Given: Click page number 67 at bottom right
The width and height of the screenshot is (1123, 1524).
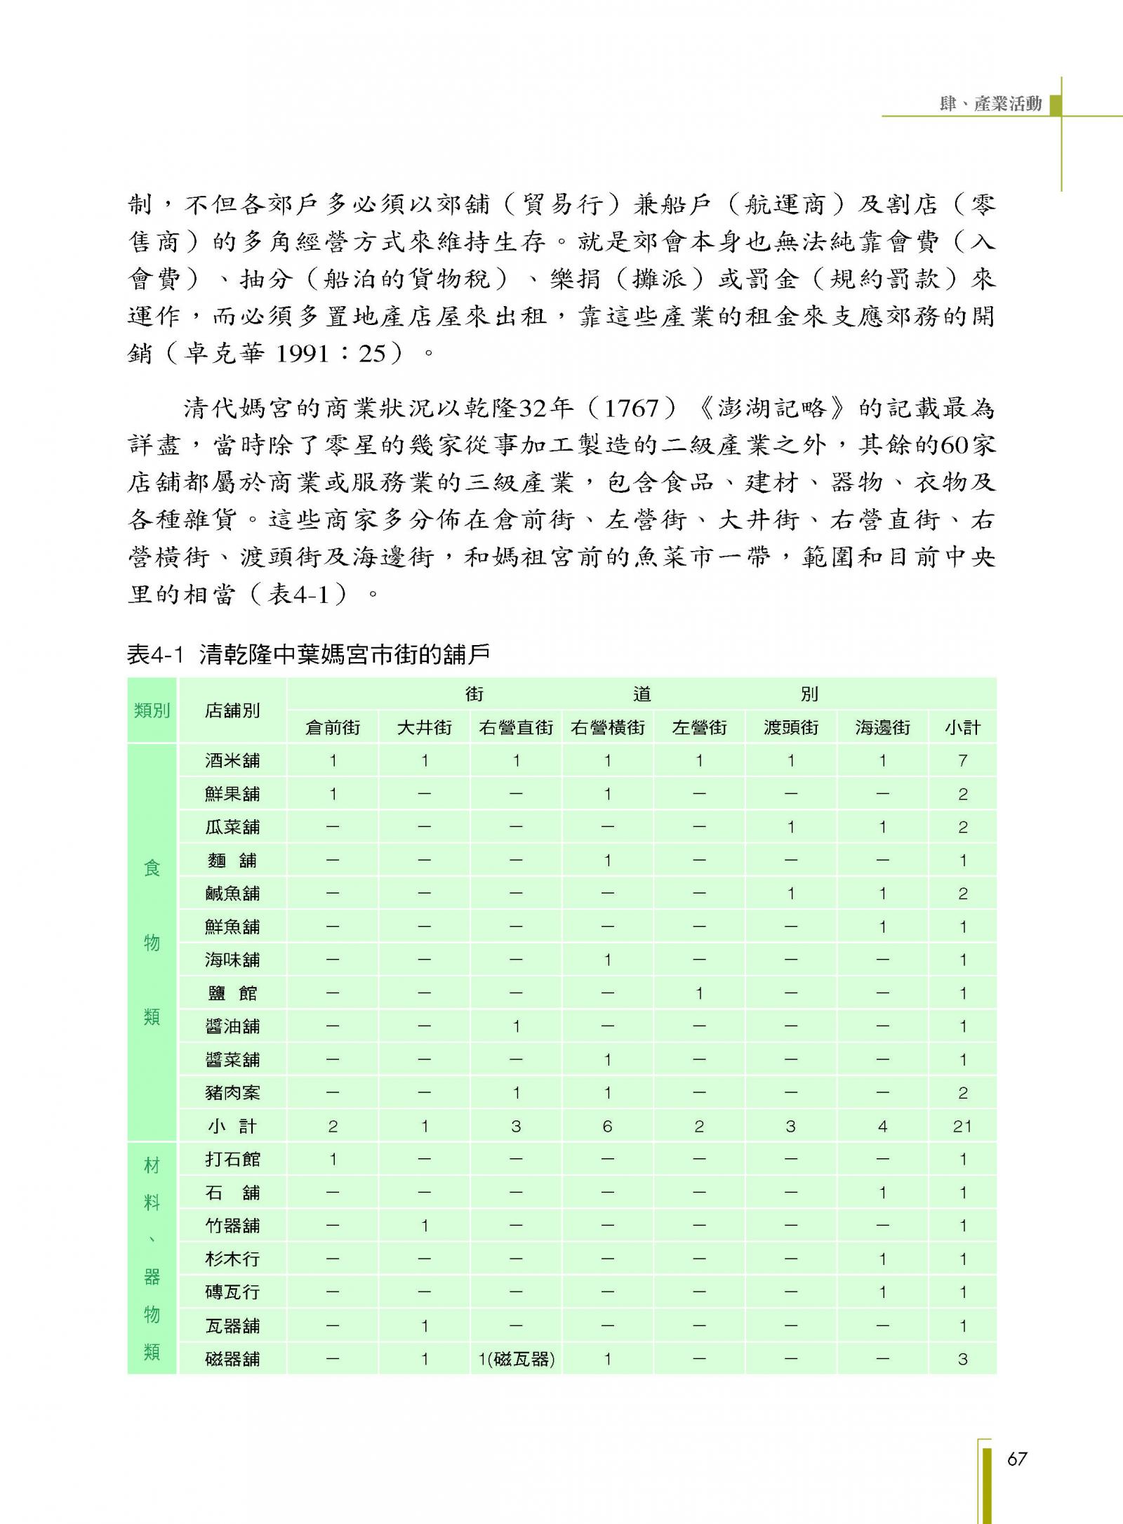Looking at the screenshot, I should point(1016,1459).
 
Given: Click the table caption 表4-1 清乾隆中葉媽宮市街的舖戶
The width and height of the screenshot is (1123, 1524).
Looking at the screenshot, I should point(308,655).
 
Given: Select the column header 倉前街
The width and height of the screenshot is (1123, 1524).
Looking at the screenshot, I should point(333,727).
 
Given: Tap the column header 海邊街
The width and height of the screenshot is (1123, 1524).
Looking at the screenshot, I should point(882,727).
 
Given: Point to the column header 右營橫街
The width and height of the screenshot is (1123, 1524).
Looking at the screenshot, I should point(607,727).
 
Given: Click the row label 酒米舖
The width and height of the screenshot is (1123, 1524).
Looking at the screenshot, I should point(232,760).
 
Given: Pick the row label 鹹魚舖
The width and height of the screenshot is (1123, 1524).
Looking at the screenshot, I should point(232,894).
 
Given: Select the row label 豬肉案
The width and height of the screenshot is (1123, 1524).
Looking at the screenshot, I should point(232,1093).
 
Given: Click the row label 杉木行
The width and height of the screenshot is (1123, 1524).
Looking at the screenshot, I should point(232,1259).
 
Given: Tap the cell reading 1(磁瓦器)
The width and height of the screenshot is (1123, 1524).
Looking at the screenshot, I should point(516,1359).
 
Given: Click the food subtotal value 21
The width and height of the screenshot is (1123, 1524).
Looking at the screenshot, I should point(962,1127).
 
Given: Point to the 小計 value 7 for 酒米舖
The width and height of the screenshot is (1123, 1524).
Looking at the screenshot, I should point(962,760).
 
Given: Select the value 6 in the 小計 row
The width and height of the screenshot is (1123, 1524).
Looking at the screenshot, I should point(607,1127).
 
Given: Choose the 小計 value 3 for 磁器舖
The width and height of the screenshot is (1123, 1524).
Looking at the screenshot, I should point(962,1359).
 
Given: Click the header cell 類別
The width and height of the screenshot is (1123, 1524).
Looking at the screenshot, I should point(152,710).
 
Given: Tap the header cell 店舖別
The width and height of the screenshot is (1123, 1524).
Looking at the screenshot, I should point(232,710).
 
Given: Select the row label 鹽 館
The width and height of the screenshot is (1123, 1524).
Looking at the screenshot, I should point(232,993).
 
